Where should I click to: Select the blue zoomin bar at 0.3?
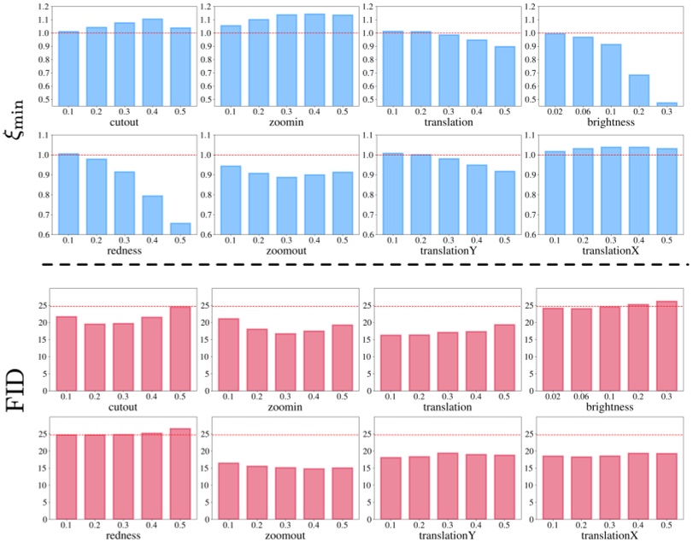coord(286,60)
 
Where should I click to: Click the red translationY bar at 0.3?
coord(448,485)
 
